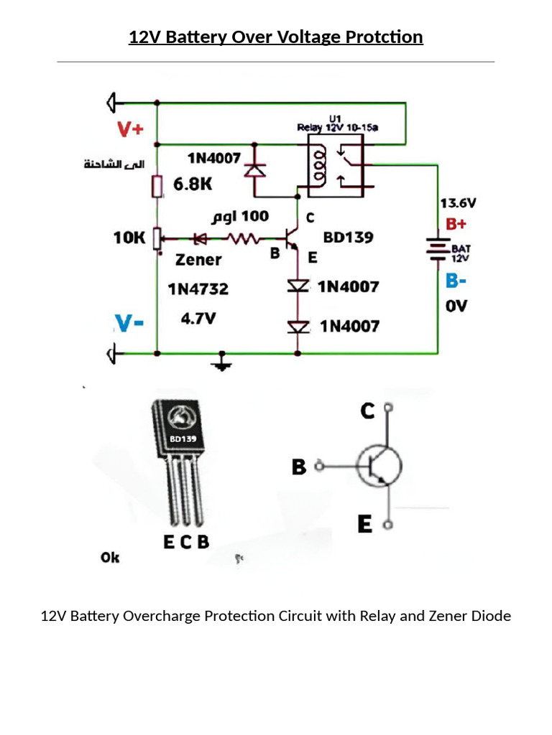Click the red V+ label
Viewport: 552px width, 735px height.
(x=131, y=129)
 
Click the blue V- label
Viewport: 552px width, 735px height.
(x=130, y=324)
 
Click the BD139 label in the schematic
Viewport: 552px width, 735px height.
(x=348, y=237)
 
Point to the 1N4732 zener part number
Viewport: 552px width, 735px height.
(x=198, y=289)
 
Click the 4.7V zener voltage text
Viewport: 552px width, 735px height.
(x=198, y=319)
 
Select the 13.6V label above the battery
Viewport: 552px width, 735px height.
(x=457, y=203)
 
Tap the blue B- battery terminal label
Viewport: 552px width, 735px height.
(x=456, y=280)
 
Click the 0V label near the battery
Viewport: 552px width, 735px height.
(x=456, y=306)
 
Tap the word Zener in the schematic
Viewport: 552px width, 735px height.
(x=198, y=260)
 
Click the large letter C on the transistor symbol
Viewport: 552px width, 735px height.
(x=367, y=411)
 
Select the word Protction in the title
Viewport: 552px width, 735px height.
(x=387, y=37)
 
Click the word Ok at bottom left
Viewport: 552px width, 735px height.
(x=110, y=557)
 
